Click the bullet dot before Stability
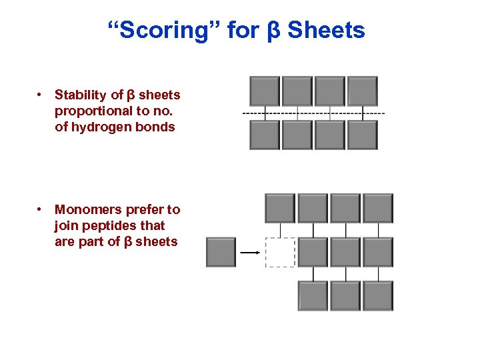(41, 95)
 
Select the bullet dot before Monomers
(41, 210)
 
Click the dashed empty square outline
(280, 253)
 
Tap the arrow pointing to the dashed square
(249, 253)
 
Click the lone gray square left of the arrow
(221, 253)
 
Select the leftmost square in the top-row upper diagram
(265, 91)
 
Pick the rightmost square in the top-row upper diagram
(363, 91)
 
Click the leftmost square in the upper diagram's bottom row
(265, 135)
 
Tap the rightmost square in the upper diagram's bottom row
(363, 135)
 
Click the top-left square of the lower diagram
(280, 208)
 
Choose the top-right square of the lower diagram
(378, 208)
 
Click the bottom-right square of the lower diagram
(378, 296)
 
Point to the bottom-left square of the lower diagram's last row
(313, 296)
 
